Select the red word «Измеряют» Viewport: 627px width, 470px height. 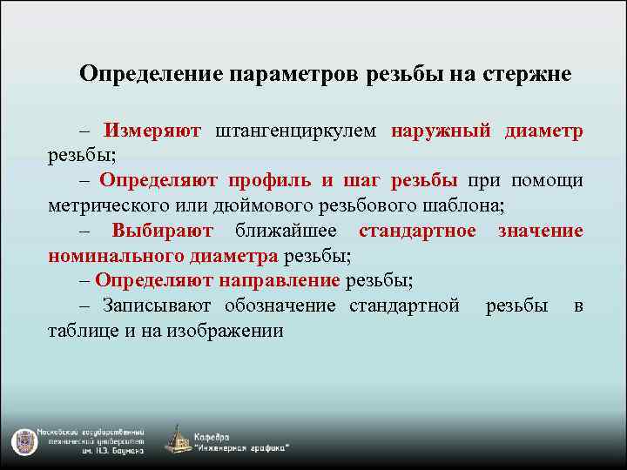[152, 131]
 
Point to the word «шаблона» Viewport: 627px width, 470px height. [467, 205]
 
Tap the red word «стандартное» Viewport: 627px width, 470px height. [417, 231]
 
